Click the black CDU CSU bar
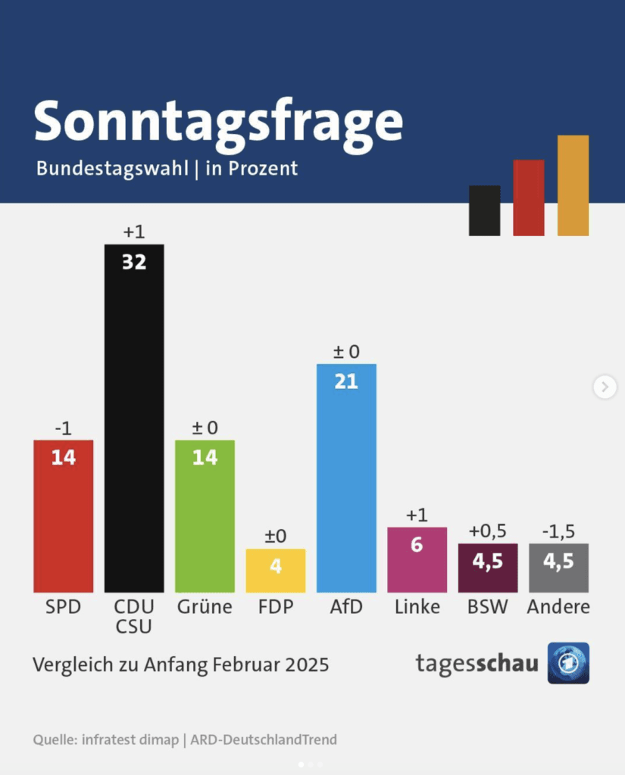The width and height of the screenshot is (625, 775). (134, 424)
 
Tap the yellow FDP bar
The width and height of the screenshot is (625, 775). (276, 571)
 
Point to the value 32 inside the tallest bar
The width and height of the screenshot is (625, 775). (134, 262)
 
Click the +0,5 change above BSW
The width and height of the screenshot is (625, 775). (487, 531)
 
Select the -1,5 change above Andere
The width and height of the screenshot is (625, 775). (558, 531)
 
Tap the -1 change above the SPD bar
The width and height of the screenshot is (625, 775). (63, 428)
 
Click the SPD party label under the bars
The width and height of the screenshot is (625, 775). (63, 607)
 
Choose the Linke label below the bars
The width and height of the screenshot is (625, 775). (417, 607)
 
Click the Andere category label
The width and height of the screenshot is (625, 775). (558, 607)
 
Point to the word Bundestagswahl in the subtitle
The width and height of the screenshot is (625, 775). (111, 168)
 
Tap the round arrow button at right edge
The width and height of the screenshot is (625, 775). (605, 387)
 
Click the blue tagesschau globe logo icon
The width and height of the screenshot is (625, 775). (568, 663)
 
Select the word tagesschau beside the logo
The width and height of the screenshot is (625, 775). (477, 664)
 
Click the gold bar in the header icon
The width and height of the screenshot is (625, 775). (573, 185)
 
